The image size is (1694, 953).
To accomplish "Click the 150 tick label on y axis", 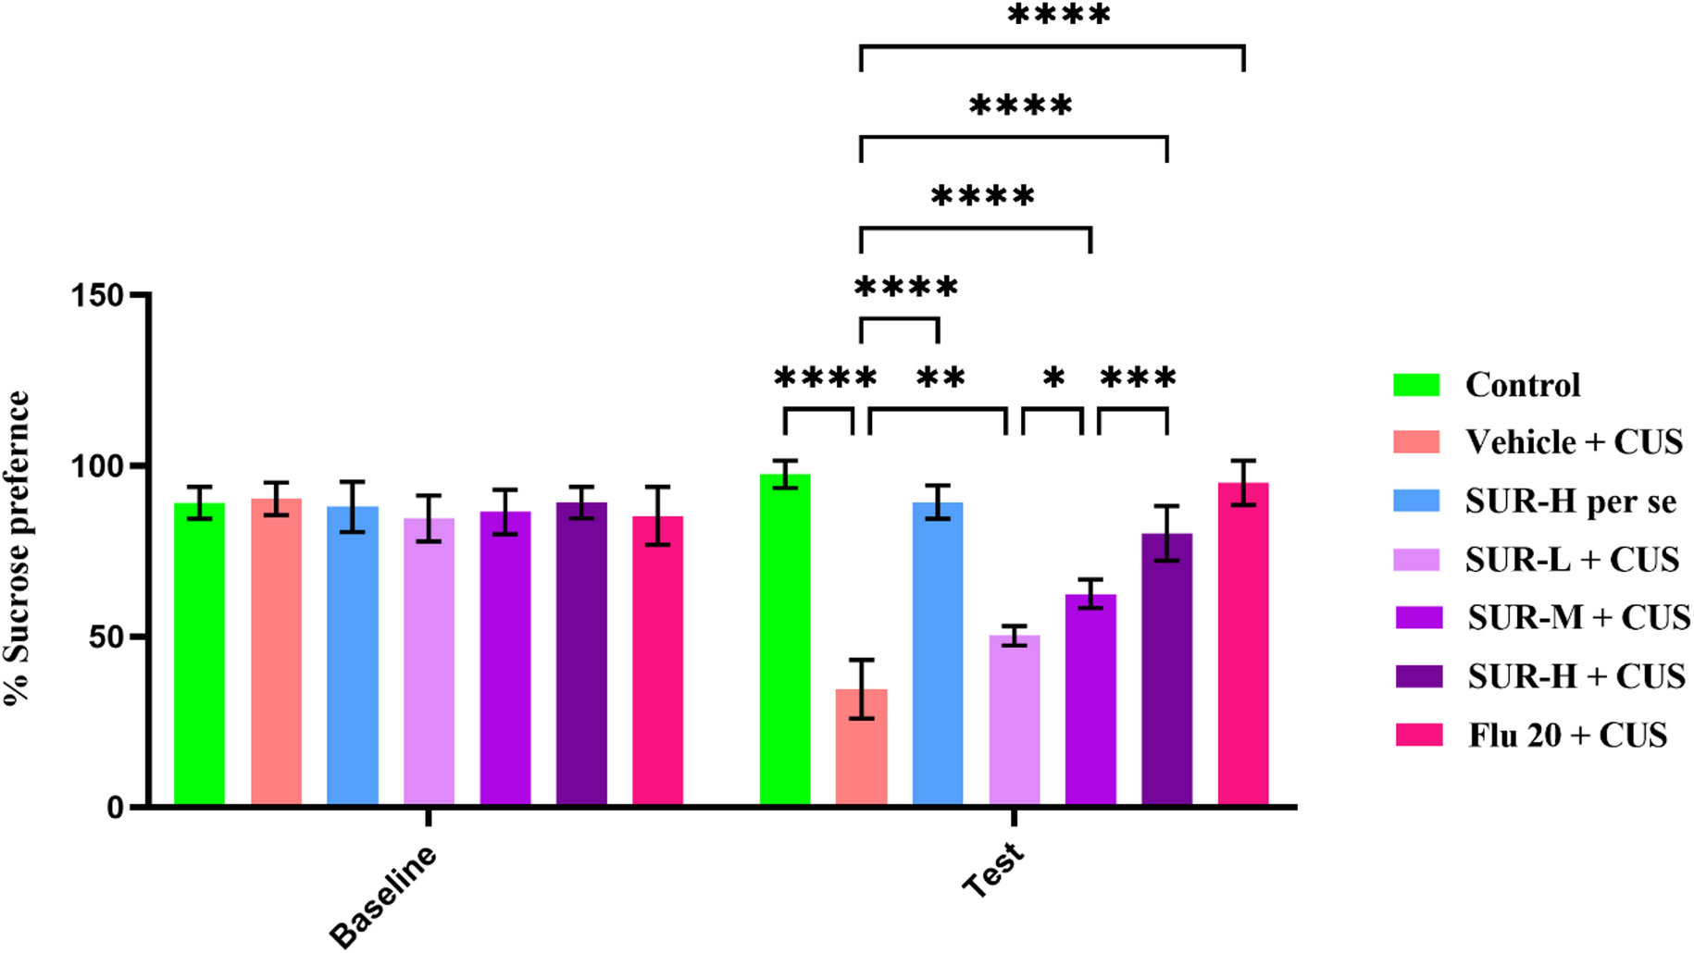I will tap(96, 296).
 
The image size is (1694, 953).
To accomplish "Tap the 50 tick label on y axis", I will tap(106, 637).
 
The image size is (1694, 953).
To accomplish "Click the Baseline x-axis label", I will tap(383, 896).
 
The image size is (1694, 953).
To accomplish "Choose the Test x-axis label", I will tap(993, 870).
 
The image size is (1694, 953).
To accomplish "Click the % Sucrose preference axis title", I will tap(19, 550).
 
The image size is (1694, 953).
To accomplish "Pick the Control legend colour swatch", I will tap(1416, 385).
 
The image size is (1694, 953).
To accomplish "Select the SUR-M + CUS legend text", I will tap(1578, 617).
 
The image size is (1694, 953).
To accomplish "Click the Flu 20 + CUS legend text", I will tap(1567, 736).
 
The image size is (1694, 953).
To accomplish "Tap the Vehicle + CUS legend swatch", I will tap(1416, 442).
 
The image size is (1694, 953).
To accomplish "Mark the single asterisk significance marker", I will tap(1053, 378).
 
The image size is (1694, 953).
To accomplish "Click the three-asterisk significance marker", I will tap(1138, 378).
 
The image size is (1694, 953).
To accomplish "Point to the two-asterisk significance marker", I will tap(940, 378).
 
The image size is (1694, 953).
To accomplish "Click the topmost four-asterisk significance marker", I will tap(1058, 16).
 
